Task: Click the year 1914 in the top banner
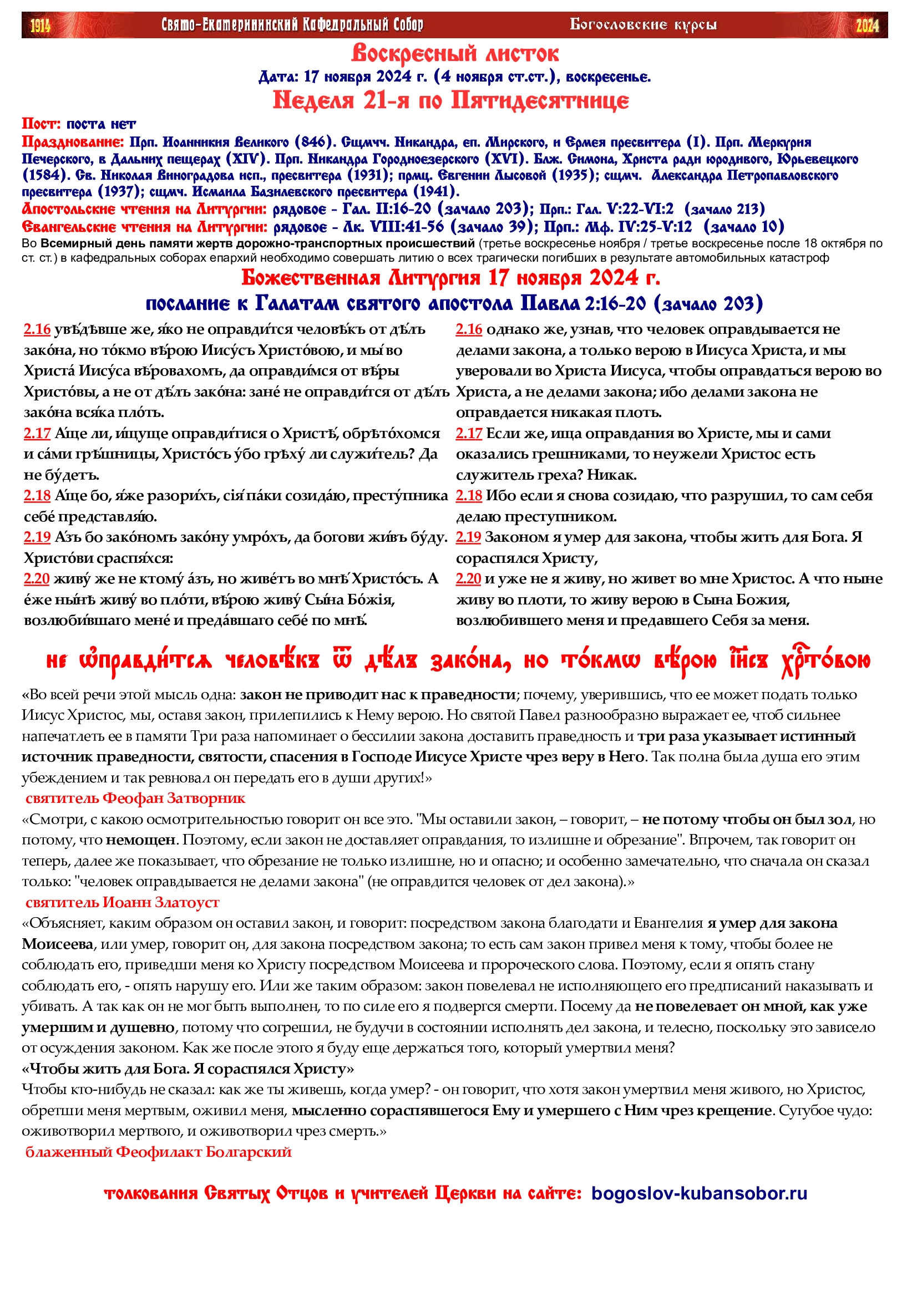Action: click(40, 26)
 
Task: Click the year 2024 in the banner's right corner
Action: click(867, 26)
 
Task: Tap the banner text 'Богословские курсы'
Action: click(643, 25)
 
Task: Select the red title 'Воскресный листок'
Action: click(455, 54)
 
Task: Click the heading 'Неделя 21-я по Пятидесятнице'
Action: click(450, 100)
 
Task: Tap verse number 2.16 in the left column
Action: click(37, 329)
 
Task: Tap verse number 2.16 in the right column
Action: click(469, 329)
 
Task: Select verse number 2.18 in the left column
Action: click(37, 495)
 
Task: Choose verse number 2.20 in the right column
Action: click(468, 578)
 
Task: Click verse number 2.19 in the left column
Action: click(37, 537)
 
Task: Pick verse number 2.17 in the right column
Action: click(469, 433)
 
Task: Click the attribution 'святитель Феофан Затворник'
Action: click(135, 798)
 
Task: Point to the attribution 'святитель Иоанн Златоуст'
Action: click(123, 902)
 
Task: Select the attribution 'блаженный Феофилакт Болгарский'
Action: click(159, 1152)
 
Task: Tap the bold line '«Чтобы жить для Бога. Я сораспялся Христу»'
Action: click(188, 1069)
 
